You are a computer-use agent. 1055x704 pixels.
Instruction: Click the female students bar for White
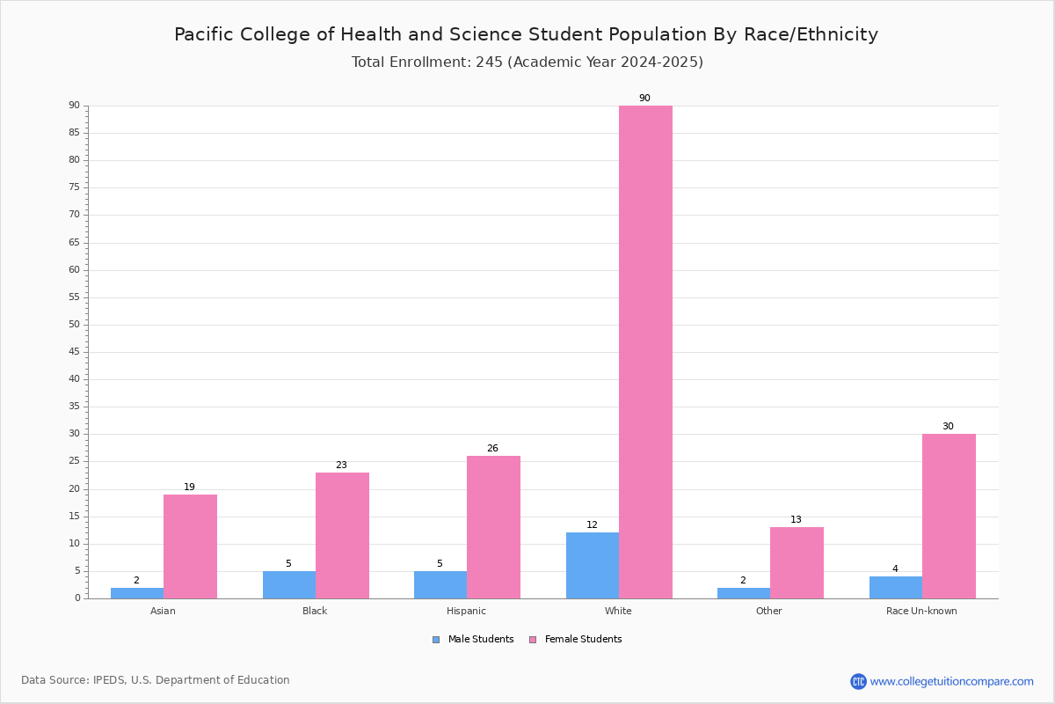coord(645,352)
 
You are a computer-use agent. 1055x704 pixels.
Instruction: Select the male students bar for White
coord(593,566)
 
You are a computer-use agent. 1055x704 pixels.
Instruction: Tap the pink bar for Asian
coord(190,546)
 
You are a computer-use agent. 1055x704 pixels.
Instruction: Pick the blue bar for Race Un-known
coord(896,588)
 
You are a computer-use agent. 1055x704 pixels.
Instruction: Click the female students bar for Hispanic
coord(493,527)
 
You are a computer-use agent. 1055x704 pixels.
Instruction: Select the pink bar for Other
coord(797,563)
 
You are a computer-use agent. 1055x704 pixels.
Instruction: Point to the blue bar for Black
coord(289,585)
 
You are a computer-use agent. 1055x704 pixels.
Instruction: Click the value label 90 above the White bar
coord(644,98)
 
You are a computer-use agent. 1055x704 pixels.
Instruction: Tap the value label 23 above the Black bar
coord(341,465)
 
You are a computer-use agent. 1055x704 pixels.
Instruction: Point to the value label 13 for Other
coord(796,519)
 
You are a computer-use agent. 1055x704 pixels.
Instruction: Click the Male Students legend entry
coord(473,640)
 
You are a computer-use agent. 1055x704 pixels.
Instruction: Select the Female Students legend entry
coord(576,640)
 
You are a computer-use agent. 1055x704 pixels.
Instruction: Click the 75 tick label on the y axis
coord(75,187)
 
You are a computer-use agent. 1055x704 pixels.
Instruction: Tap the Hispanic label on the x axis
coord(466,611)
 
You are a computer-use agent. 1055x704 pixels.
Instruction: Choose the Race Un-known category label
coord(921,611)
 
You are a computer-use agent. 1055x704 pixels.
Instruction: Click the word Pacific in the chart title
coord(204,35)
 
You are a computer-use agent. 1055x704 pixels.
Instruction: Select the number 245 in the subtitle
coord(490,62)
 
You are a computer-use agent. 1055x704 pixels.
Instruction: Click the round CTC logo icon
coord(859,681)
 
